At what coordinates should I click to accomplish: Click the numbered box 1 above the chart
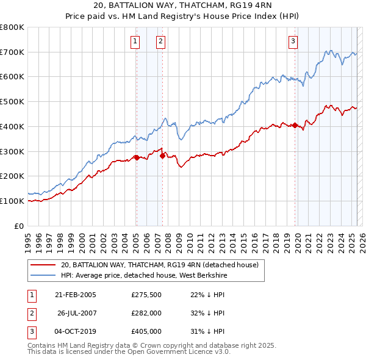[x=134, y=41]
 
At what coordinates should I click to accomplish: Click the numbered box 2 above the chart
[x=160, y=41]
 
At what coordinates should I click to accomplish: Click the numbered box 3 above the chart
[x=293, y=41]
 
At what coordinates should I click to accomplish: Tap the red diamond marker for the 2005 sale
[x=137, y=157]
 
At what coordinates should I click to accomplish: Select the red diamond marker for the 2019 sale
[x=295, y=126]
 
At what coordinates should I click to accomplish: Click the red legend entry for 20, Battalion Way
[x=160, y=265]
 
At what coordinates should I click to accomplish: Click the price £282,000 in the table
[x=146, y=313]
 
